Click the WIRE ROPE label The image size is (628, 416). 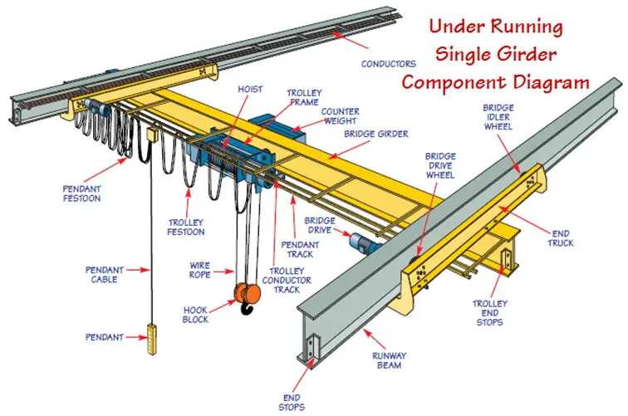tap(199, 270)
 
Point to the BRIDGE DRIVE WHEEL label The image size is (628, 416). tap(440, 166)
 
